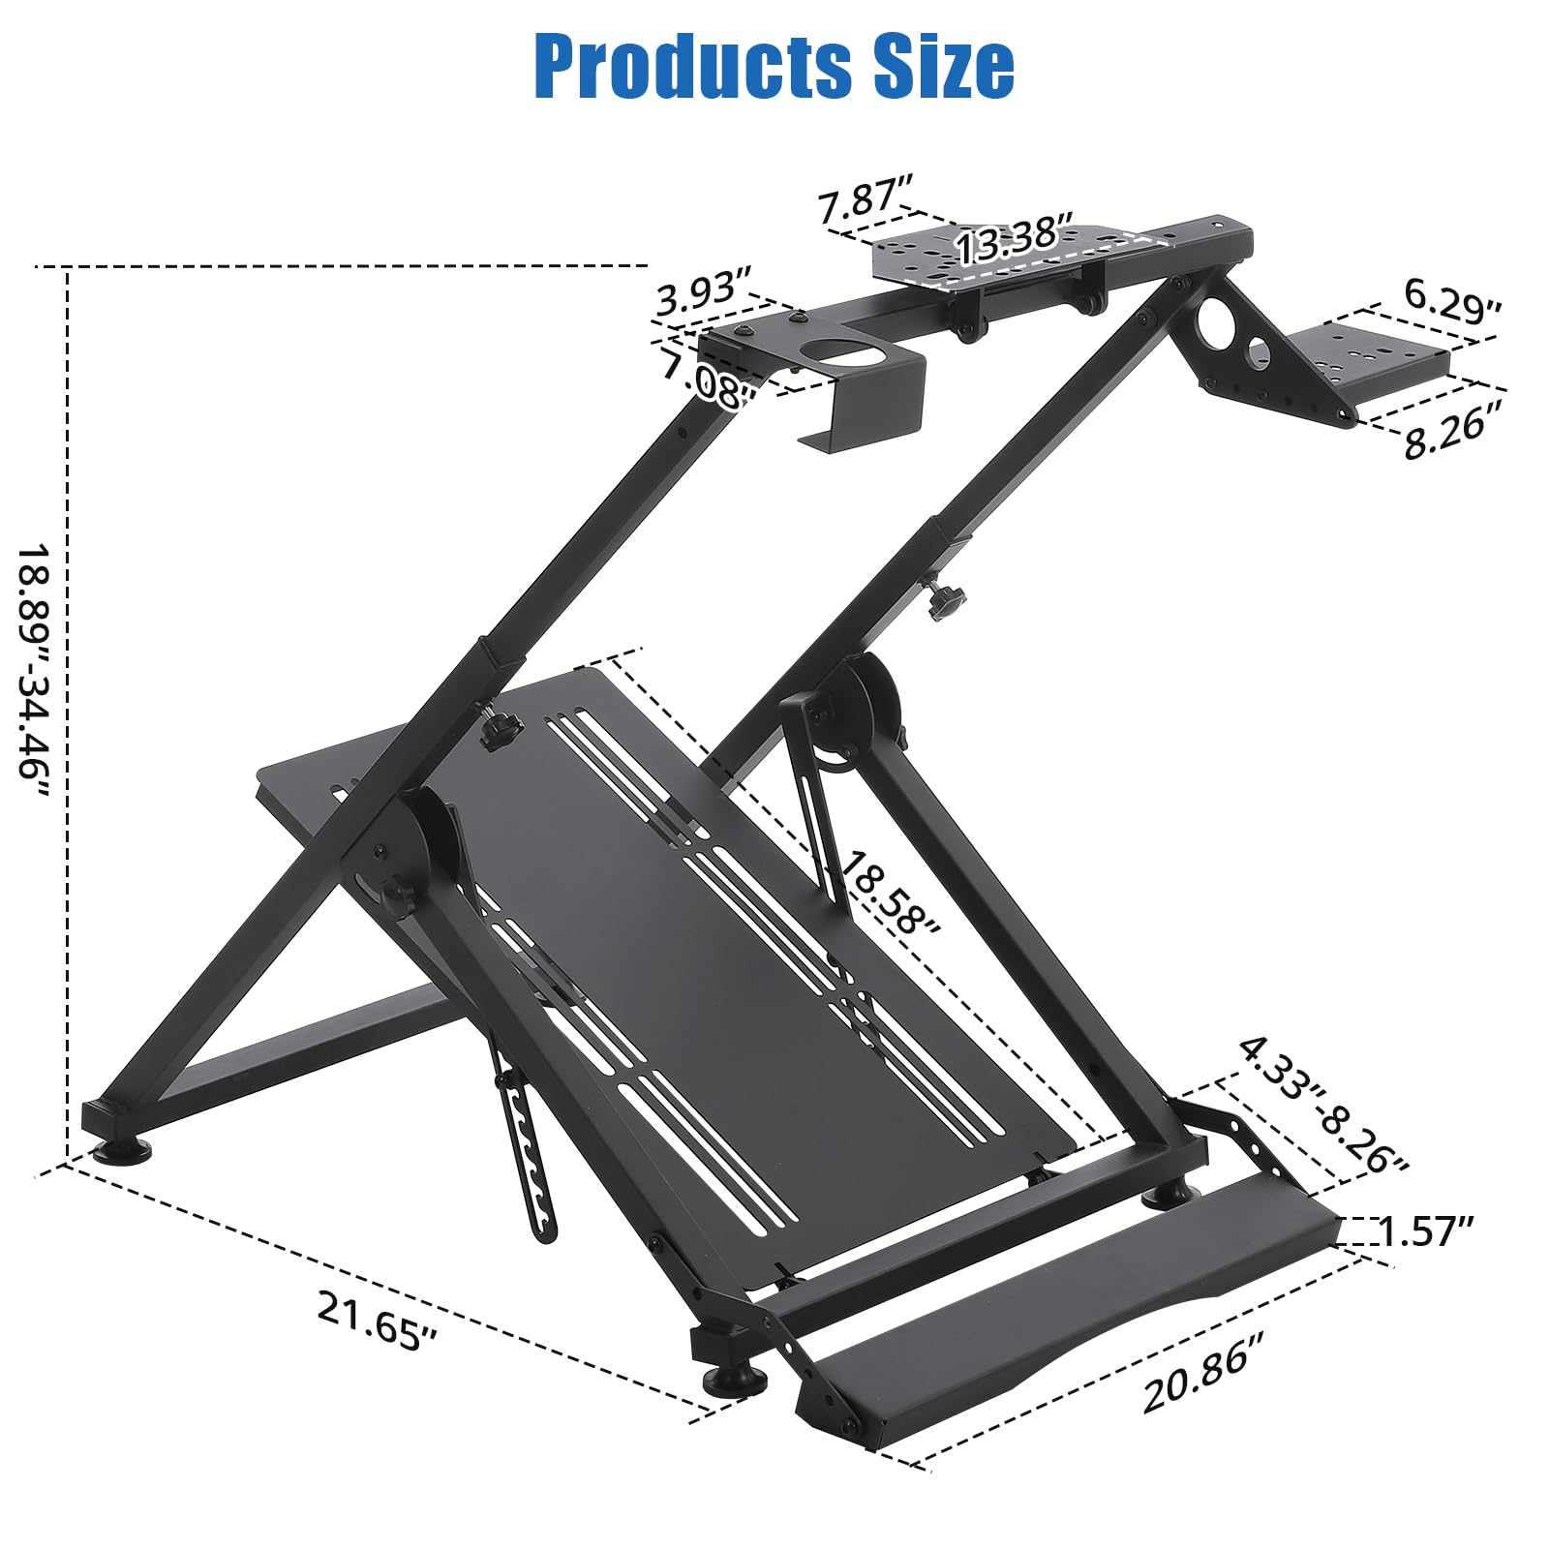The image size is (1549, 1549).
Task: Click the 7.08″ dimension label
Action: (x=708, y=379)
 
